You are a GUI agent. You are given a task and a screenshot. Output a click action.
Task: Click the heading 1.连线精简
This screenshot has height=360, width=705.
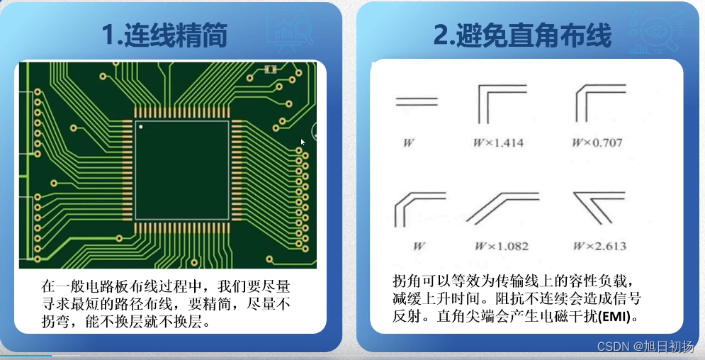coord(164,35)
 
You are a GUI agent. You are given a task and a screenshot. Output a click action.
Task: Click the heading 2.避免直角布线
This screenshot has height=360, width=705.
coord(522,35)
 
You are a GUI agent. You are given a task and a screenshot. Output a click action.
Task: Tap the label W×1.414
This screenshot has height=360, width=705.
coord(498,142)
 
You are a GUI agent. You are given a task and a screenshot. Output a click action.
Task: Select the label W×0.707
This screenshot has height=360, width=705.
coord(597,142)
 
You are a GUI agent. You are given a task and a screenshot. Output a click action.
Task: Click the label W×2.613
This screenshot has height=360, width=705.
coord(599,246)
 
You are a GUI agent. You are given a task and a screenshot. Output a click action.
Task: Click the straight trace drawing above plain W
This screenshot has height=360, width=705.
coord(417,101)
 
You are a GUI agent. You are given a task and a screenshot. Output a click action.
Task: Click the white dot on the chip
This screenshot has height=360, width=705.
coord(141,128)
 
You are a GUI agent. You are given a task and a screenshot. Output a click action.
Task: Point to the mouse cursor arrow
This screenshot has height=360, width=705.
coord(303,142)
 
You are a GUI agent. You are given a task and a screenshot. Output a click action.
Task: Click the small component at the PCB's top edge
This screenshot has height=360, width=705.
coord(269,69)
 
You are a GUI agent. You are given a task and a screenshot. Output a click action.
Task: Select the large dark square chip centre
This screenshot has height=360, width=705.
coord(182,170)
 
